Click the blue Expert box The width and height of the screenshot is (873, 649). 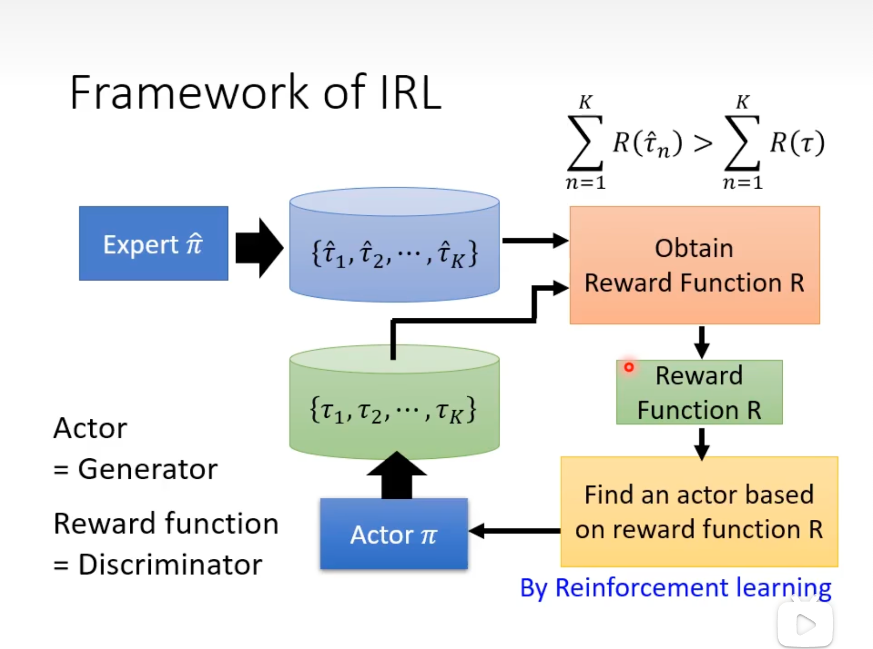(153, 244)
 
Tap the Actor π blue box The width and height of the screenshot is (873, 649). (394, 534)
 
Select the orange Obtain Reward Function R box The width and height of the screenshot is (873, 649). (695, 265)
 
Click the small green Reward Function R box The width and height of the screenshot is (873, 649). (699, 393)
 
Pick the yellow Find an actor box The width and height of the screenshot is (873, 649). (699, 512)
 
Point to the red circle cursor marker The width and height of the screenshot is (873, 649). (629, 367)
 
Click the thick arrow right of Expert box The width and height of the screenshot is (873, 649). (259, 248)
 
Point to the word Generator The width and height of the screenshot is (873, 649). (148, 469)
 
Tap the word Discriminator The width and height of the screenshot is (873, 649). (170, 565)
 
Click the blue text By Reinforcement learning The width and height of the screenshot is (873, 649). (675, 588)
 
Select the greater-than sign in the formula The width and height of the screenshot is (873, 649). (703, 144)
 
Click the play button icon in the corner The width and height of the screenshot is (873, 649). (805, 624)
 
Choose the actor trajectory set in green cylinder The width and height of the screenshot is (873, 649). (393, 411)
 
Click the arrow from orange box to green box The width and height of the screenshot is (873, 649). (702, 342)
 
